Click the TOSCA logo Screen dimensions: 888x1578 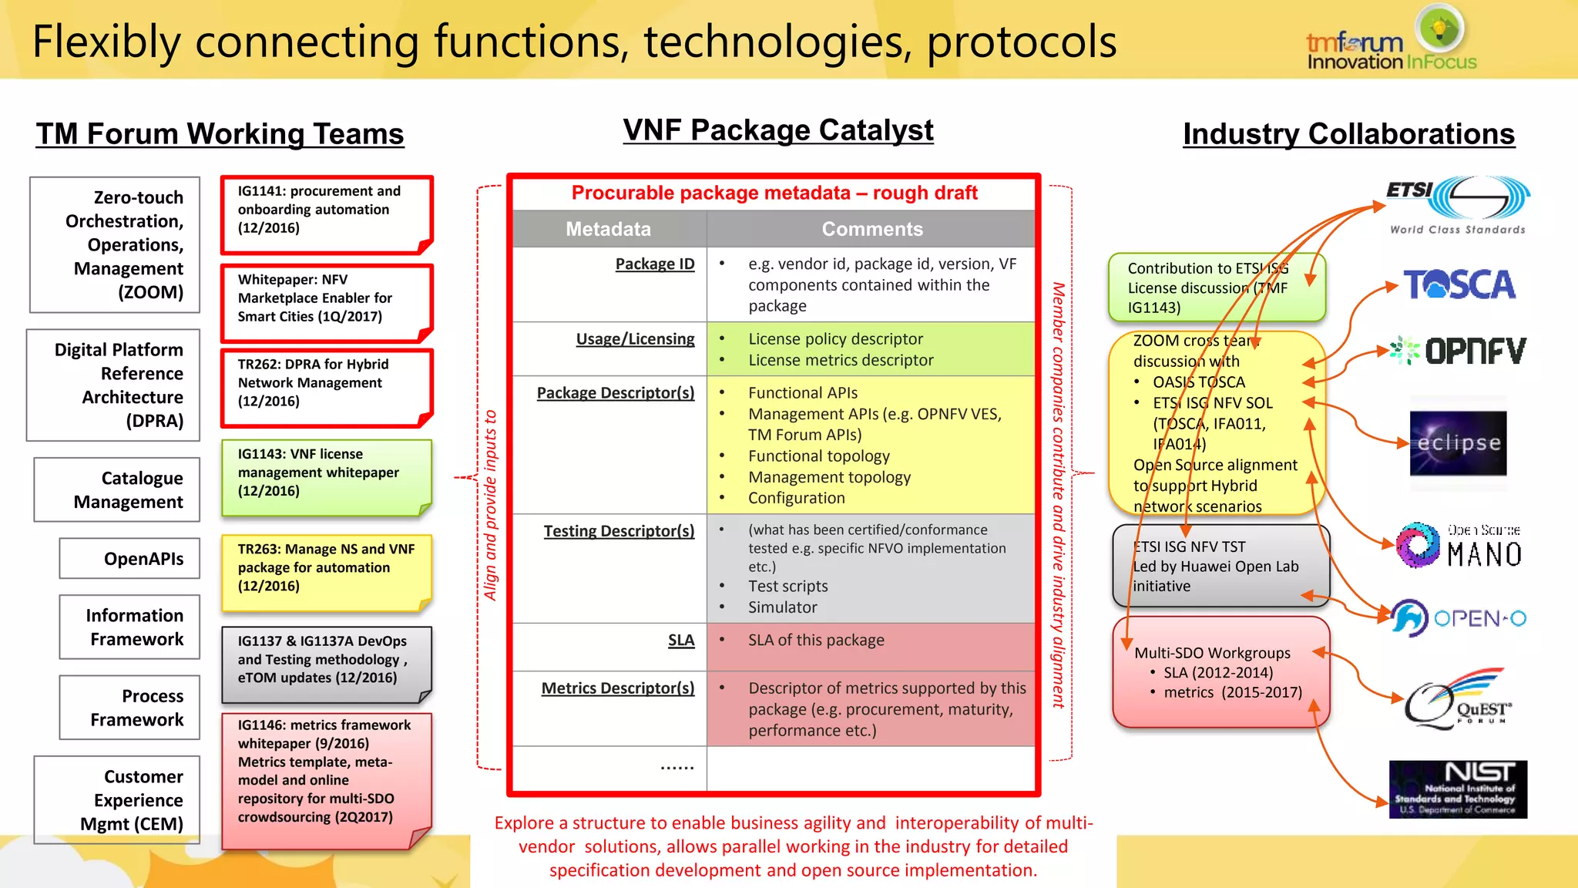1459,284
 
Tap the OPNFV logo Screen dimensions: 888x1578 1459,351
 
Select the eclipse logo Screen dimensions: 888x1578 1458,443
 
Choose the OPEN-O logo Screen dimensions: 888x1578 1458,618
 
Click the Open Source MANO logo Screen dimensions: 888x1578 1458,546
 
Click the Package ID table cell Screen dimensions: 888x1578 654,264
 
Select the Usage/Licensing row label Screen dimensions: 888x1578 635,339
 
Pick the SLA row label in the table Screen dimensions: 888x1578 680,641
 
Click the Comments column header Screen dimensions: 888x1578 871,229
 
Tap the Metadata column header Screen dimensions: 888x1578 609,229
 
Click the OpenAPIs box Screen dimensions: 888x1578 129,558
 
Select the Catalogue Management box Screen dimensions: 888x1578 117,490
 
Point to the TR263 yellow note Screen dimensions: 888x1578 326,572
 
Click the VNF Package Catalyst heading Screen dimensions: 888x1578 778,130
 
